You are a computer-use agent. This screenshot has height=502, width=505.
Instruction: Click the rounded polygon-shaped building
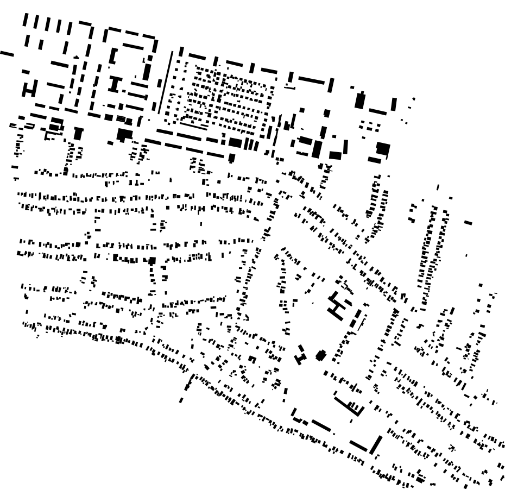[321, 356]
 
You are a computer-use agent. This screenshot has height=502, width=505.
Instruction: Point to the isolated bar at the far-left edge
[7, 53]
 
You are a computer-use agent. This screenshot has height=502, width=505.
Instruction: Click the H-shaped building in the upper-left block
[30, 89]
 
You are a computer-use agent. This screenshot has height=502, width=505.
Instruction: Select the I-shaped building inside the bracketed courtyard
[115, 84]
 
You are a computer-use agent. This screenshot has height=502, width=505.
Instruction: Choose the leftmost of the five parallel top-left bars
[25, 20]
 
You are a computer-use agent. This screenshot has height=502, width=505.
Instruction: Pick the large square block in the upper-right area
[383, 149]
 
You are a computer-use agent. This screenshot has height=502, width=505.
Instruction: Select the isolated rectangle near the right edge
[468, 222]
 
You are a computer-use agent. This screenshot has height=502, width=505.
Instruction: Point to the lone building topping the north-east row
[438, 188]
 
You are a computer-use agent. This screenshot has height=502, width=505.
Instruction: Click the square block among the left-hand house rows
[152, 261]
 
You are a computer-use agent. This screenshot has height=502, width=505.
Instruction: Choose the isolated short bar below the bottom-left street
[181, 400]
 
